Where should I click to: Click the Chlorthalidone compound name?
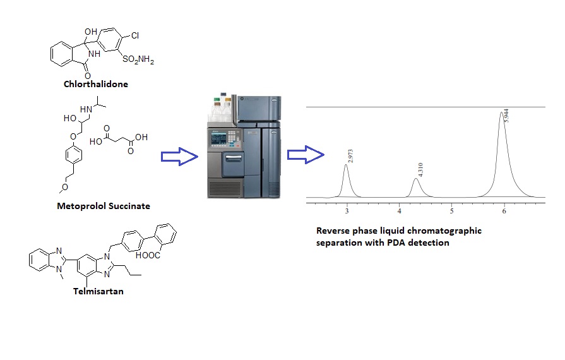point(96,84)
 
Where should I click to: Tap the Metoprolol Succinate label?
point(104,206)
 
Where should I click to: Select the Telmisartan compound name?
point(98,291)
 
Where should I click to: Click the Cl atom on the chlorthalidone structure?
point(135,35)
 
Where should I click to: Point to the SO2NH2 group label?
point(138,59)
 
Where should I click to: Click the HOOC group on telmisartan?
point(148,255)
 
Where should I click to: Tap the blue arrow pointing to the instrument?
point(179,157)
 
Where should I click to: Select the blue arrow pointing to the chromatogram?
point(306,155)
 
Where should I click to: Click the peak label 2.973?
point(350,156)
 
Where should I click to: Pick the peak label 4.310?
point(420,170)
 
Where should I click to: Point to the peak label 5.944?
point(506,116)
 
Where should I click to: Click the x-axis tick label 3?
point(347,211)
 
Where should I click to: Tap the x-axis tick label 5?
point(451,211)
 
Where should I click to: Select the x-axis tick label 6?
point(504,211)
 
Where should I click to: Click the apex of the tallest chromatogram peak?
point(501,112)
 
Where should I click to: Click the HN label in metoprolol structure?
point(86,109)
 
